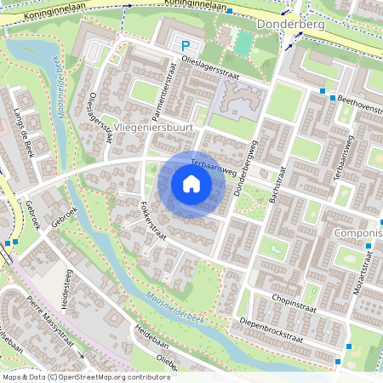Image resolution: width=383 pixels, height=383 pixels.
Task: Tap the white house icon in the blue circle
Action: pyautogui.click(x=191, y=184)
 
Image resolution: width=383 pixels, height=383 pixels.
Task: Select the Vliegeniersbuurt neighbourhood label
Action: pyautogui.click(x=154, y=127)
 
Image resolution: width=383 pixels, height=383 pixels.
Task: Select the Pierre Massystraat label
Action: pyautogui.click(x=51, y=323)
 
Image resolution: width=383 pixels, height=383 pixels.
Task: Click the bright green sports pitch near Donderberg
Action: pyautogui.click(x=243, y=42)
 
